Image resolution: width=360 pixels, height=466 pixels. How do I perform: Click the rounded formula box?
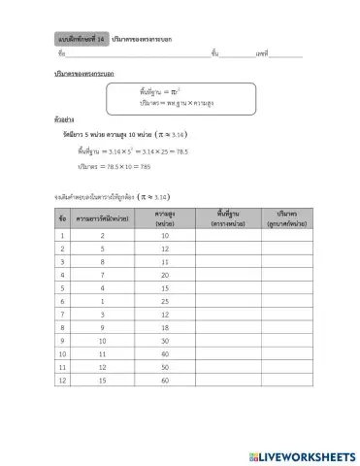click(x=190, y=97)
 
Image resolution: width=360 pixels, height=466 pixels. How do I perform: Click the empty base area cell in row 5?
click(x=228, y=288)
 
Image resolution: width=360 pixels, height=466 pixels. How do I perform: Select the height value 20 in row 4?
click(x=164, y=275)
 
